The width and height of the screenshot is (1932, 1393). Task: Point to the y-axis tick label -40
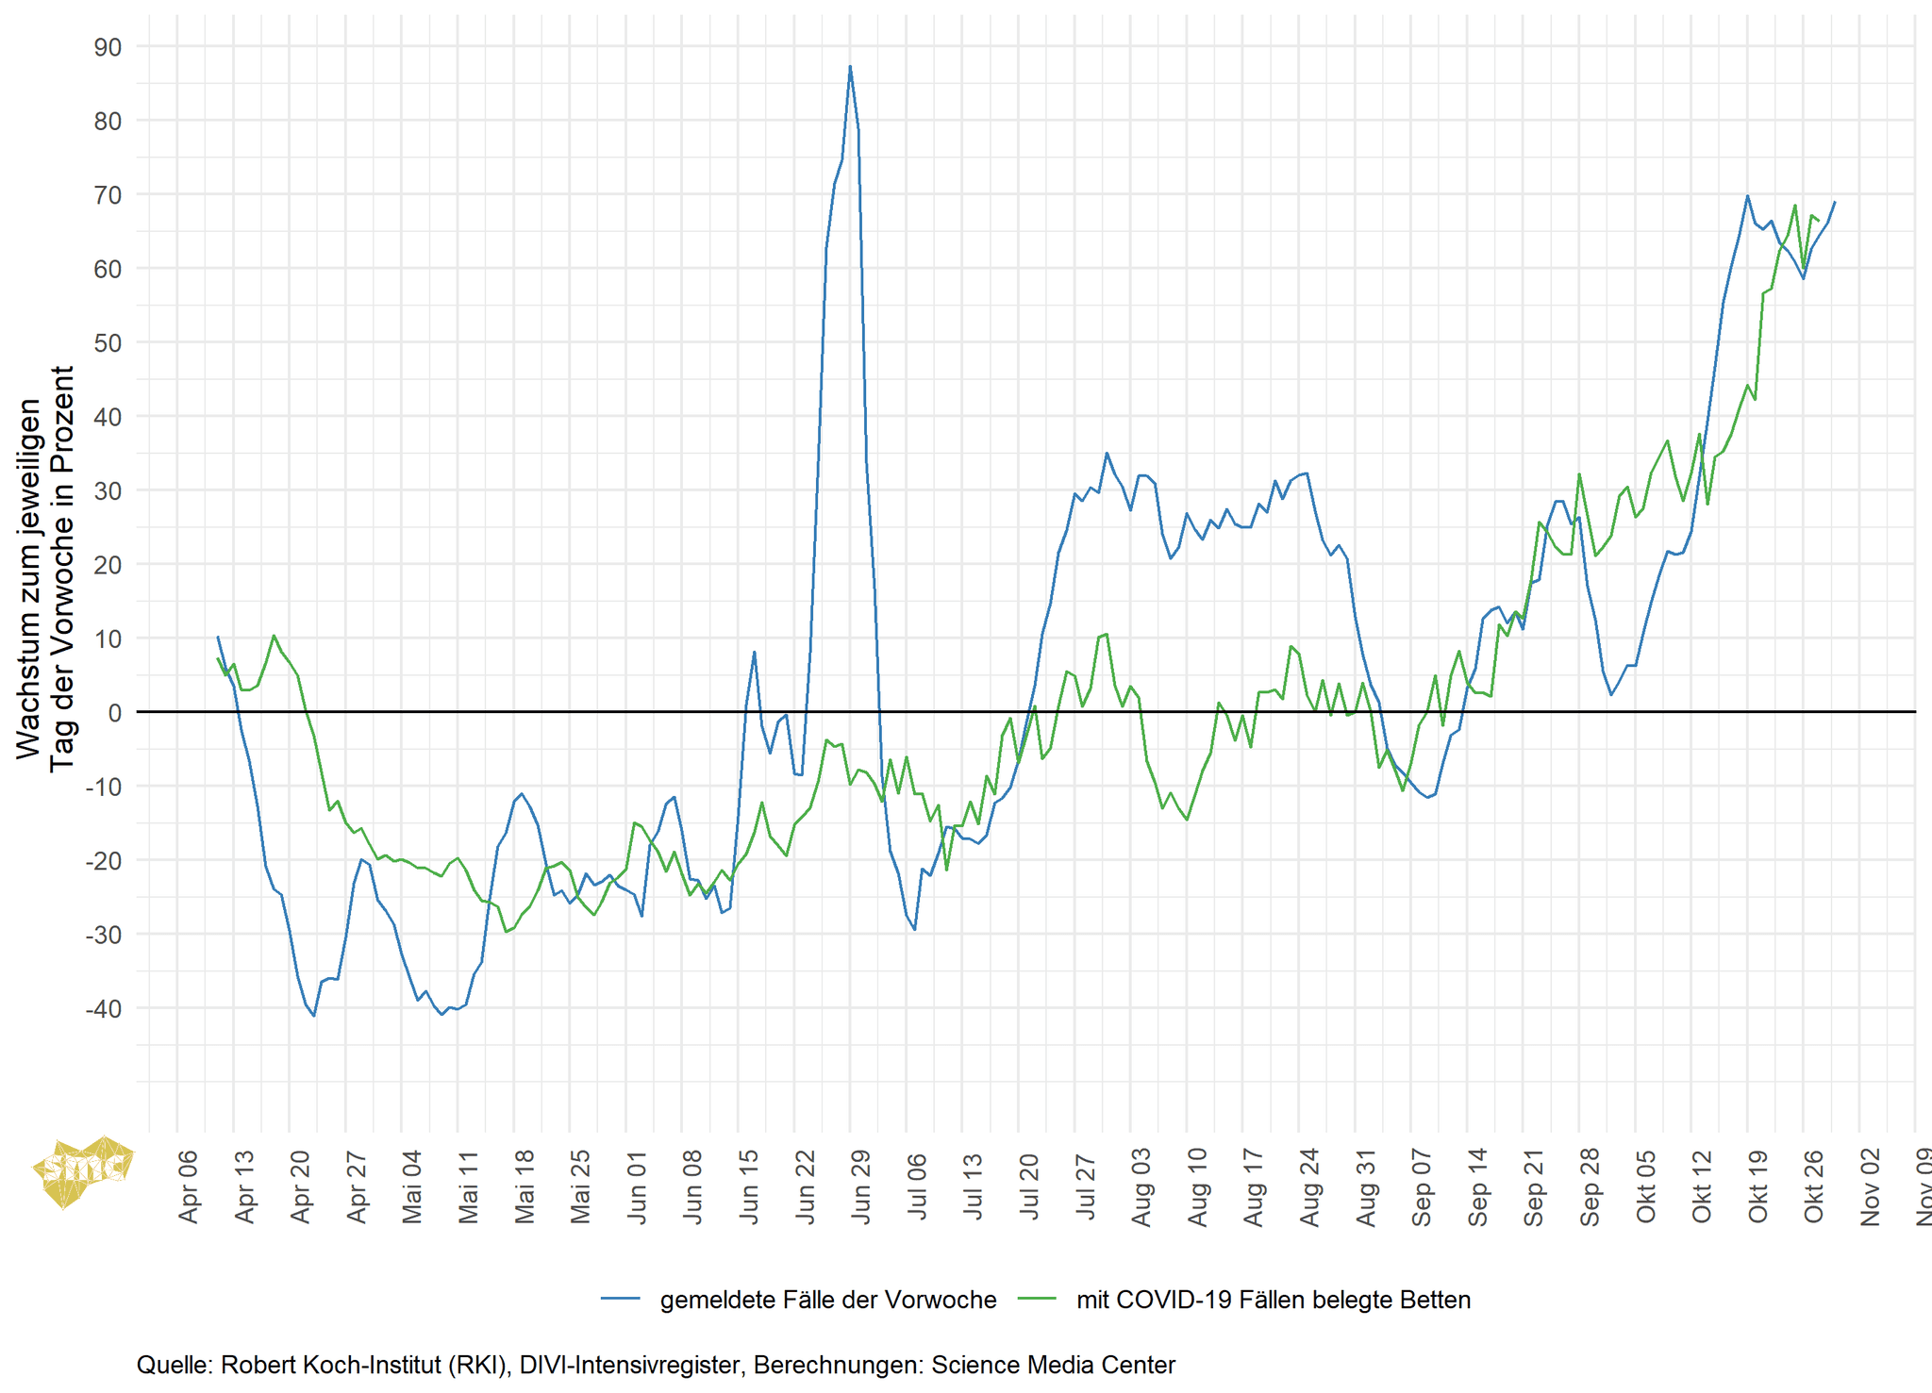pos(104,1009)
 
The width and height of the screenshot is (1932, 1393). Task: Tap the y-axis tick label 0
pos(114,713)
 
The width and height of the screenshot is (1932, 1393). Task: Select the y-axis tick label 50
pos(108,343)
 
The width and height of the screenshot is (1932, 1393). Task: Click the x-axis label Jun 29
pos(861,1186)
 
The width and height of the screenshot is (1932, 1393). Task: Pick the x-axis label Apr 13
pos(244,1186)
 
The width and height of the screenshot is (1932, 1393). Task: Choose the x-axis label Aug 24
pos(1309,1186)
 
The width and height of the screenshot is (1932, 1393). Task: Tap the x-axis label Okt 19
pos(1757,1186)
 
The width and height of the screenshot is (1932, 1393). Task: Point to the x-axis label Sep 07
pos(1422,1186)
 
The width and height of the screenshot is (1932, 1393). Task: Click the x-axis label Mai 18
pos(525,1186)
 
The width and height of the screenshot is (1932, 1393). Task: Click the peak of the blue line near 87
pos(850,66)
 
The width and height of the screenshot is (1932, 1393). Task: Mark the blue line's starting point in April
pos(218,637)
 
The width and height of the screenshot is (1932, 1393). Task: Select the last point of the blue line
pos(1834,202)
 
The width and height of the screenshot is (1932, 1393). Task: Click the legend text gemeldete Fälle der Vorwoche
pos(827,1300)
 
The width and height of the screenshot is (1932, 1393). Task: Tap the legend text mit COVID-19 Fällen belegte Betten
pos(1273,1300)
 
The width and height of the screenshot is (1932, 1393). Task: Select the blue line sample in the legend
pos(621,1300)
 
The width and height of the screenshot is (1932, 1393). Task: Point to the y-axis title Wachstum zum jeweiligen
pos(29,578)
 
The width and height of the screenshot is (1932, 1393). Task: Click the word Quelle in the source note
pos(174,1365)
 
